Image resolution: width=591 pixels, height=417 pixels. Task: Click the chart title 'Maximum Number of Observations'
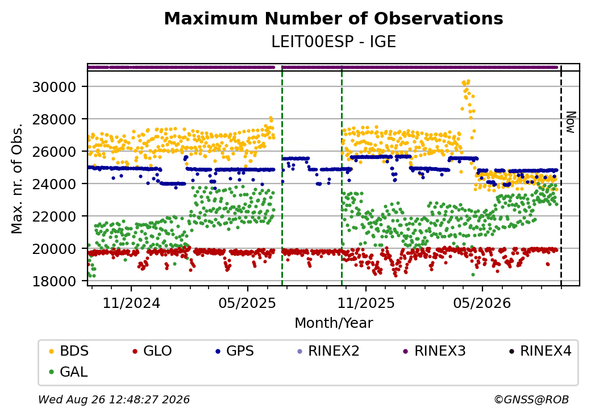[334, 18]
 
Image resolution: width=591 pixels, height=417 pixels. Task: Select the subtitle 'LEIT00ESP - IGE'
[334, 42]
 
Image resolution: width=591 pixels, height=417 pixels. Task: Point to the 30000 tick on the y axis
[55, 87]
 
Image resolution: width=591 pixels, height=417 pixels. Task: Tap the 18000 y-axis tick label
[55, 281]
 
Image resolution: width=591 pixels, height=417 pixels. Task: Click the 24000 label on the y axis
[55, 184]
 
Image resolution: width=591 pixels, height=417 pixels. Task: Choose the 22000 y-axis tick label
[55, 216]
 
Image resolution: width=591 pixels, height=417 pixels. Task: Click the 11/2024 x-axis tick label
[131, 303]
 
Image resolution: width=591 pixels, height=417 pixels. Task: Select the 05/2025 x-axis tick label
[248, 303]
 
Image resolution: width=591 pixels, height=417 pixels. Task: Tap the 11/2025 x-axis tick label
[365, 303]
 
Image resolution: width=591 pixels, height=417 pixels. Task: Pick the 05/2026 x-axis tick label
[482, 303]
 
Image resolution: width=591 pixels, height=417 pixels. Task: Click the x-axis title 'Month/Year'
[334, 323]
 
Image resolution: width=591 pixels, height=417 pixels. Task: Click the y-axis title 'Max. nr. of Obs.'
[17, 178]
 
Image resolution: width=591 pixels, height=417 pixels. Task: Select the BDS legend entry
[69, 351]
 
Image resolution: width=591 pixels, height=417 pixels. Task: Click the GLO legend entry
[152, 351]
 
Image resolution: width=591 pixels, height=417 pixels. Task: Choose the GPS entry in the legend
[235, 351]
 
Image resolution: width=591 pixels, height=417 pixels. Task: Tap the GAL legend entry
[69, 372]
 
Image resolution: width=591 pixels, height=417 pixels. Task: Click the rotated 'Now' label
[571, 122]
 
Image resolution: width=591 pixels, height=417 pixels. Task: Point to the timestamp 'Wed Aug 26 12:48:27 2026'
[114, 399]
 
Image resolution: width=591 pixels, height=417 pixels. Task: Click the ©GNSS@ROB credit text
[531, 399]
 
